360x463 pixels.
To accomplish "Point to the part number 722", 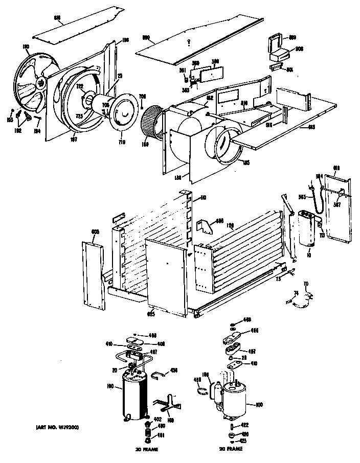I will [80, 87].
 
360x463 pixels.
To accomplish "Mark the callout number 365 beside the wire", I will [302, 197].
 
